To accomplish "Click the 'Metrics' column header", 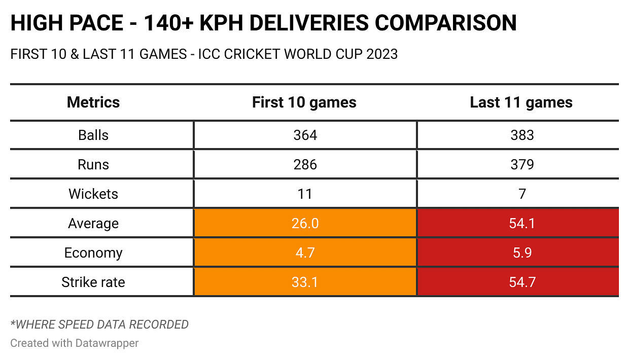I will (x=93, y=102).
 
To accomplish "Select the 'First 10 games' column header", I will (x=304, y=102).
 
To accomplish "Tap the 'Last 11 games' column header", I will (x=521, y=102).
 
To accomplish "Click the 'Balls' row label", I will (x=93, y=135).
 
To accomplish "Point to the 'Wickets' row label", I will (x=93, y=194).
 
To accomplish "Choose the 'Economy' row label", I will (x=93, y=253).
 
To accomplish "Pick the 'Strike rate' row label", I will (x=93, y=282).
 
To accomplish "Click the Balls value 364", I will (x=305, y=135).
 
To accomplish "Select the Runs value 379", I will (x=522, y=165).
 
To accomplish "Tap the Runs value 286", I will (x=305, y=165).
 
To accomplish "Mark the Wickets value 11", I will (x=305, y=194).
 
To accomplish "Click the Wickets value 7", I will (x=522, y=194).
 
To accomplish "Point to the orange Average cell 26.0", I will (x=305, y=224).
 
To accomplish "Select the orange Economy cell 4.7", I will (x=305, y=253).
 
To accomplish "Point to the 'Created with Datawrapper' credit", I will (x=75, y=343).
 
